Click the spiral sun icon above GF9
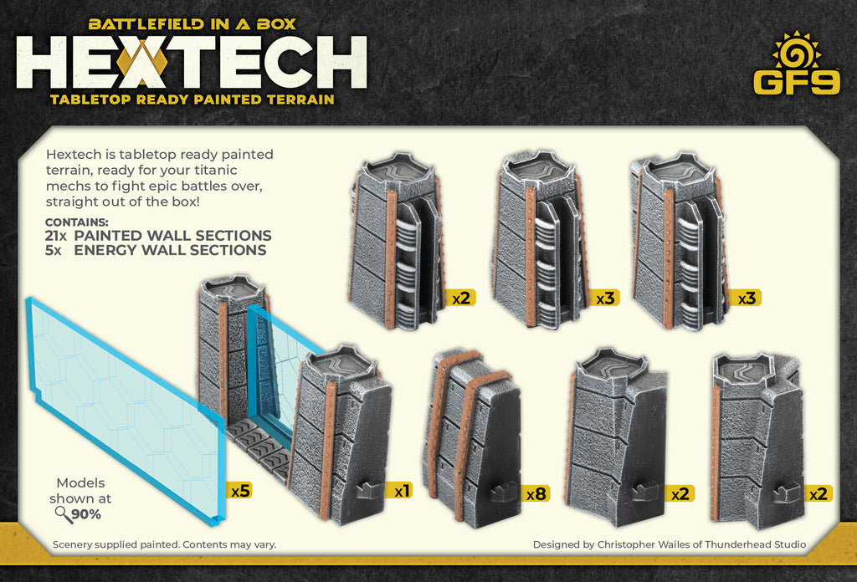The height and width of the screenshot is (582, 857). (x=796, y=52)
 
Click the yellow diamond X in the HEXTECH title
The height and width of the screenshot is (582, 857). (x=142, y=63)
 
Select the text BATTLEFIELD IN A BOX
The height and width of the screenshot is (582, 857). (x=192, y=24)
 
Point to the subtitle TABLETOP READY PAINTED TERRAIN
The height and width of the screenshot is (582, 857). (x=192, y=100)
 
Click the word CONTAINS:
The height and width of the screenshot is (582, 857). (x=76, y=222)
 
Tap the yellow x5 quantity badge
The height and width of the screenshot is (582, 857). (x=239, y=491)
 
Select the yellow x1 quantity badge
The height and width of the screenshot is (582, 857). (x=399, y=492)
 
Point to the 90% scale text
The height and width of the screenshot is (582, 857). (x=87, y=514)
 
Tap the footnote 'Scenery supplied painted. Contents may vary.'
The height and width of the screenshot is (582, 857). (x=164, y=544)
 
